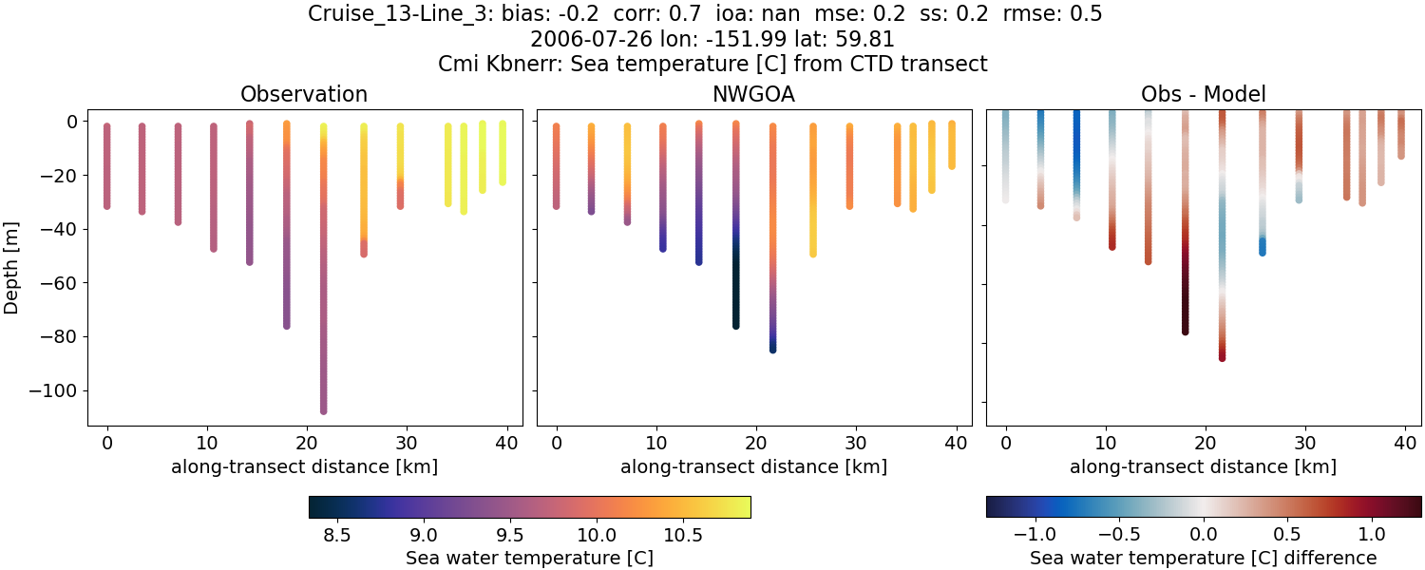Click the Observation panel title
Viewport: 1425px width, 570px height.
(304, 94)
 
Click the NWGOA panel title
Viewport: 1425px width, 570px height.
(753, 94)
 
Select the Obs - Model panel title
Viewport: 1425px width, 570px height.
(1203, 94)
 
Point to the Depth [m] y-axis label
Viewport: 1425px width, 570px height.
(11, 267)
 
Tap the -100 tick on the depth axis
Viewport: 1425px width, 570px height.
(59, 390)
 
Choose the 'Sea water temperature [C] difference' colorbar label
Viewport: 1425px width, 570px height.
(1204, 558)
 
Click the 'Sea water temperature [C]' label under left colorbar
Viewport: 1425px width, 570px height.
(529, 558)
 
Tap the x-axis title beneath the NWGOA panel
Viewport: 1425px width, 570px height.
(753, 466)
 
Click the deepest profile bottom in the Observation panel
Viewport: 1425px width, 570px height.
(324, 410)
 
